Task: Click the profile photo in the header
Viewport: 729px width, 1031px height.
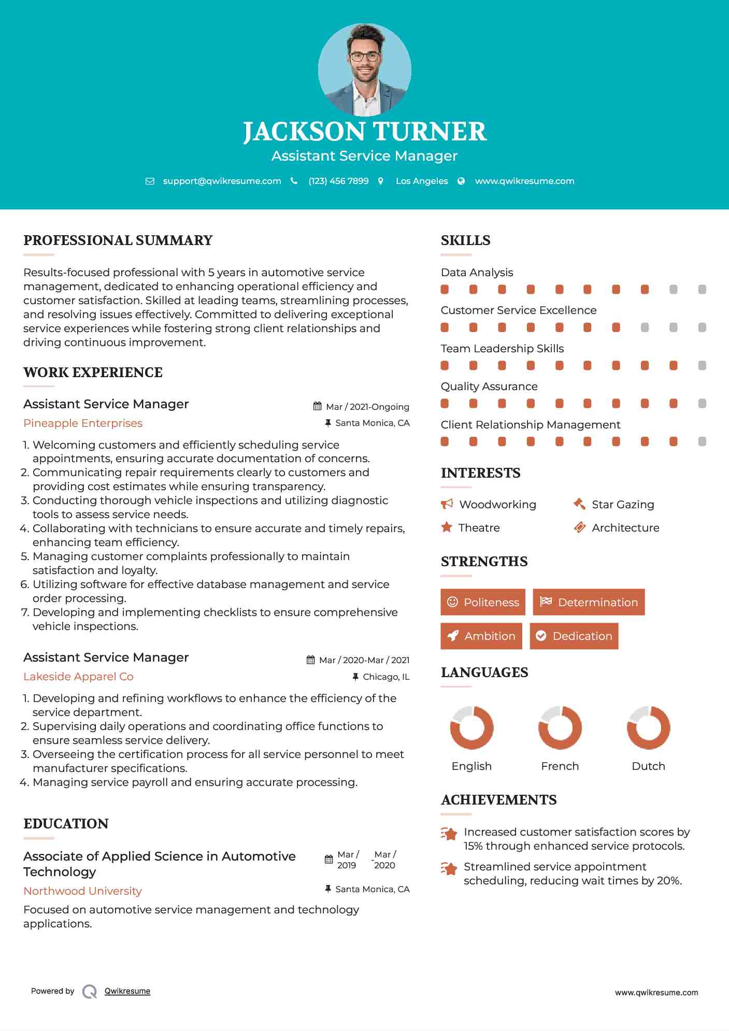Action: pos(364,69)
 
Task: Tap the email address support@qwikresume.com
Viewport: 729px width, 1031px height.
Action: pos(222,181)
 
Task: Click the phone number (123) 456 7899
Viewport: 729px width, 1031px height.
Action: pos(338,181)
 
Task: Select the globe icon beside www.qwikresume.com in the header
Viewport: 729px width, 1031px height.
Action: pos(461,181)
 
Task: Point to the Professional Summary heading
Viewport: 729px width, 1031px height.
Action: pos(118,240)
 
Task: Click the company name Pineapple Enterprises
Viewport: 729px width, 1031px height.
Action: pos(83,423)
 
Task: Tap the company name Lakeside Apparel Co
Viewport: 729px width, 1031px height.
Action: pos(78,677)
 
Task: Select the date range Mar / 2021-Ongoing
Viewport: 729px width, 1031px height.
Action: pos(367,407)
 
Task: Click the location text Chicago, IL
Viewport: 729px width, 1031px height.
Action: pos(386,677)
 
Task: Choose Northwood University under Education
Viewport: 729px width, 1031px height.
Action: pos(82,891)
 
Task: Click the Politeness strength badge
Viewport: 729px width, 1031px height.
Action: pos(483,602)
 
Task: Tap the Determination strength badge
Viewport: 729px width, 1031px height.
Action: pos(589,602)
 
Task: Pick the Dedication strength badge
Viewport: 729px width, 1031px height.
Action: pos(574,636)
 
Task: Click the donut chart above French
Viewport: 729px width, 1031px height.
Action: pos(560,727)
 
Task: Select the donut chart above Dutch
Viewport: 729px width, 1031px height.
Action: pos(648,727)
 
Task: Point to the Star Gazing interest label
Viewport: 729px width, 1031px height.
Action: pos(623,505)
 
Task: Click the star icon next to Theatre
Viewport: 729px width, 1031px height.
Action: pos(447,527)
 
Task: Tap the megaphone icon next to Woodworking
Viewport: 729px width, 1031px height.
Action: pos(447,504)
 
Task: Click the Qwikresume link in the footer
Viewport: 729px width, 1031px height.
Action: pos(127,991)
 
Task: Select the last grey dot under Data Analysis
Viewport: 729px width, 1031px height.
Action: pos(702,290)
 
